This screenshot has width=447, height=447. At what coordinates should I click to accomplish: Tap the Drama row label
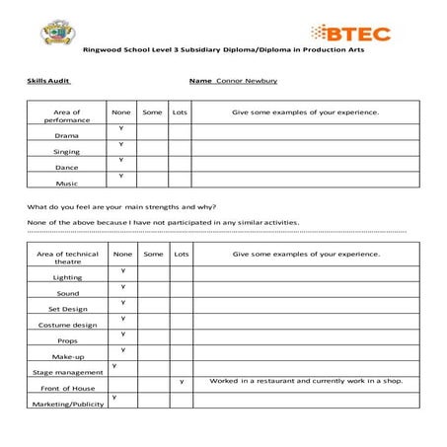(x=67, y=135)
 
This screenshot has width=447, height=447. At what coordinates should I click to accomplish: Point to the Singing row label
(x=67, y=151)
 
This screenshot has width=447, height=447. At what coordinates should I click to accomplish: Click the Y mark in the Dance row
(x=121, y=160)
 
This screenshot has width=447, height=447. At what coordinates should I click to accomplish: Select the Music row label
(x=67, y=183)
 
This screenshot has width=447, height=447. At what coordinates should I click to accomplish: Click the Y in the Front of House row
(x=182, y=381)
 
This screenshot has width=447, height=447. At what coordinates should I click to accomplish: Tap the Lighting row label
(x=67, y=277)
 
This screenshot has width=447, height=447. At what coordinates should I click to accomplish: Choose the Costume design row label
(x=67, y=325)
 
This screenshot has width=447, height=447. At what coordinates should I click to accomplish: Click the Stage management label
(x=67, y=372)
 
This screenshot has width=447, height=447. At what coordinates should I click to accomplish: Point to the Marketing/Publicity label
(x=67, y=405)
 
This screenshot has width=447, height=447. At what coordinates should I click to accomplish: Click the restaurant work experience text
(x=306, y=381)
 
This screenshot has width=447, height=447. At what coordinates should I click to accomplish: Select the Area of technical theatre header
(x=67, y=258)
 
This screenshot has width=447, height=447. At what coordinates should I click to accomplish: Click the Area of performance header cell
(x=67, y=116)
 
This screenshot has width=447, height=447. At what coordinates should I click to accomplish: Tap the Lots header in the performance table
(x=180, y=112)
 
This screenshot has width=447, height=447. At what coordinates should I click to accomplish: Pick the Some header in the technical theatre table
(x=153, y=254)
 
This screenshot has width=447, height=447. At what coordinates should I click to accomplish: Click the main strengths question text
(x=121, y=206)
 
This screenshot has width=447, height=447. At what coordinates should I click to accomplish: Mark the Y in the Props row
(x=121, y=334)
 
